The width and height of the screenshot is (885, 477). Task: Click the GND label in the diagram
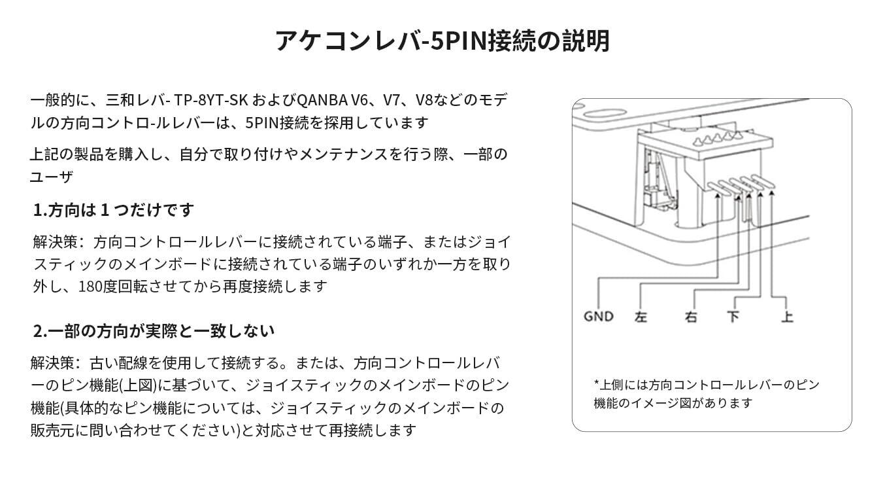click(x=599, y=317)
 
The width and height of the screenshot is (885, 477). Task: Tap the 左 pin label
click(x=641, y=317)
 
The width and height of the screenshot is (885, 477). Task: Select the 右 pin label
click(x=691, y=317)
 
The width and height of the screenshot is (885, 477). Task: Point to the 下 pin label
click(x=733, y=317)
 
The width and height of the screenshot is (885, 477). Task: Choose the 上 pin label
click(x=787, y=317)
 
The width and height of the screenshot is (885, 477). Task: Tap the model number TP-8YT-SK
click(x=211, y=100)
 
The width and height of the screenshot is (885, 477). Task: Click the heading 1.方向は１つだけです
click(x=113, y=209)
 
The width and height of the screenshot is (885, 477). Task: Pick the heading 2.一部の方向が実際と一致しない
click(x=154, y=330)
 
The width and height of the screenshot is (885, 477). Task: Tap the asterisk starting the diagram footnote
click(x=596, y=382)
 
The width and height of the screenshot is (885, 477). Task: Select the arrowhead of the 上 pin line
click(x=772, y=193)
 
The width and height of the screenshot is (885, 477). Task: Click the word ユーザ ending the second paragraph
click(x=52, y=177)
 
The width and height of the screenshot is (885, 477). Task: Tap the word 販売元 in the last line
click(x=52, y=430)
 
